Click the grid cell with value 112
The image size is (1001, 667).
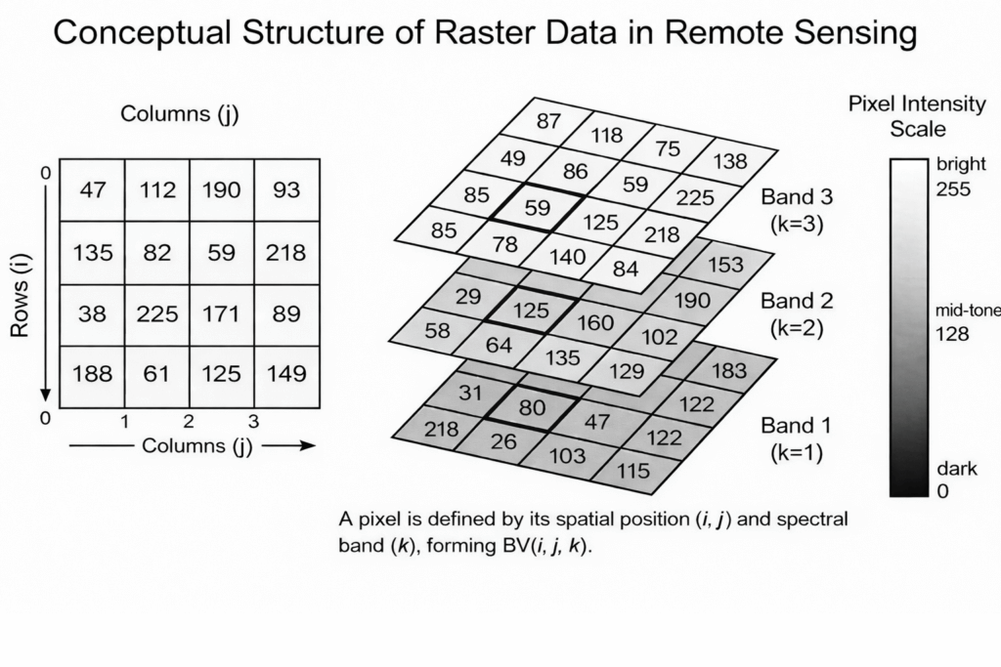tap(156, 189)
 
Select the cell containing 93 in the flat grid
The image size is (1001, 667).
tap(286, 189)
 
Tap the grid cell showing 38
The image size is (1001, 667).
tap(92, 314)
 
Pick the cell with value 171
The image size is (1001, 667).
tap(222, 314)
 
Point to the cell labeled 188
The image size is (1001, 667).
tap(92, 373)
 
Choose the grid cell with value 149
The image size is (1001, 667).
tap(286, 373)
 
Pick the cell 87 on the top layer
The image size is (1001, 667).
tap(549, 121)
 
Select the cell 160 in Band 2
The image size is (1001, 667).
tap(596, 321)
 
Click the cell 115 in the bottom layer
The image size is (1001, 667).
tap(633, 471)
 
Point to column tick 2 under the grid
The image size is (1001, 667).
tap(189, 422)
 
